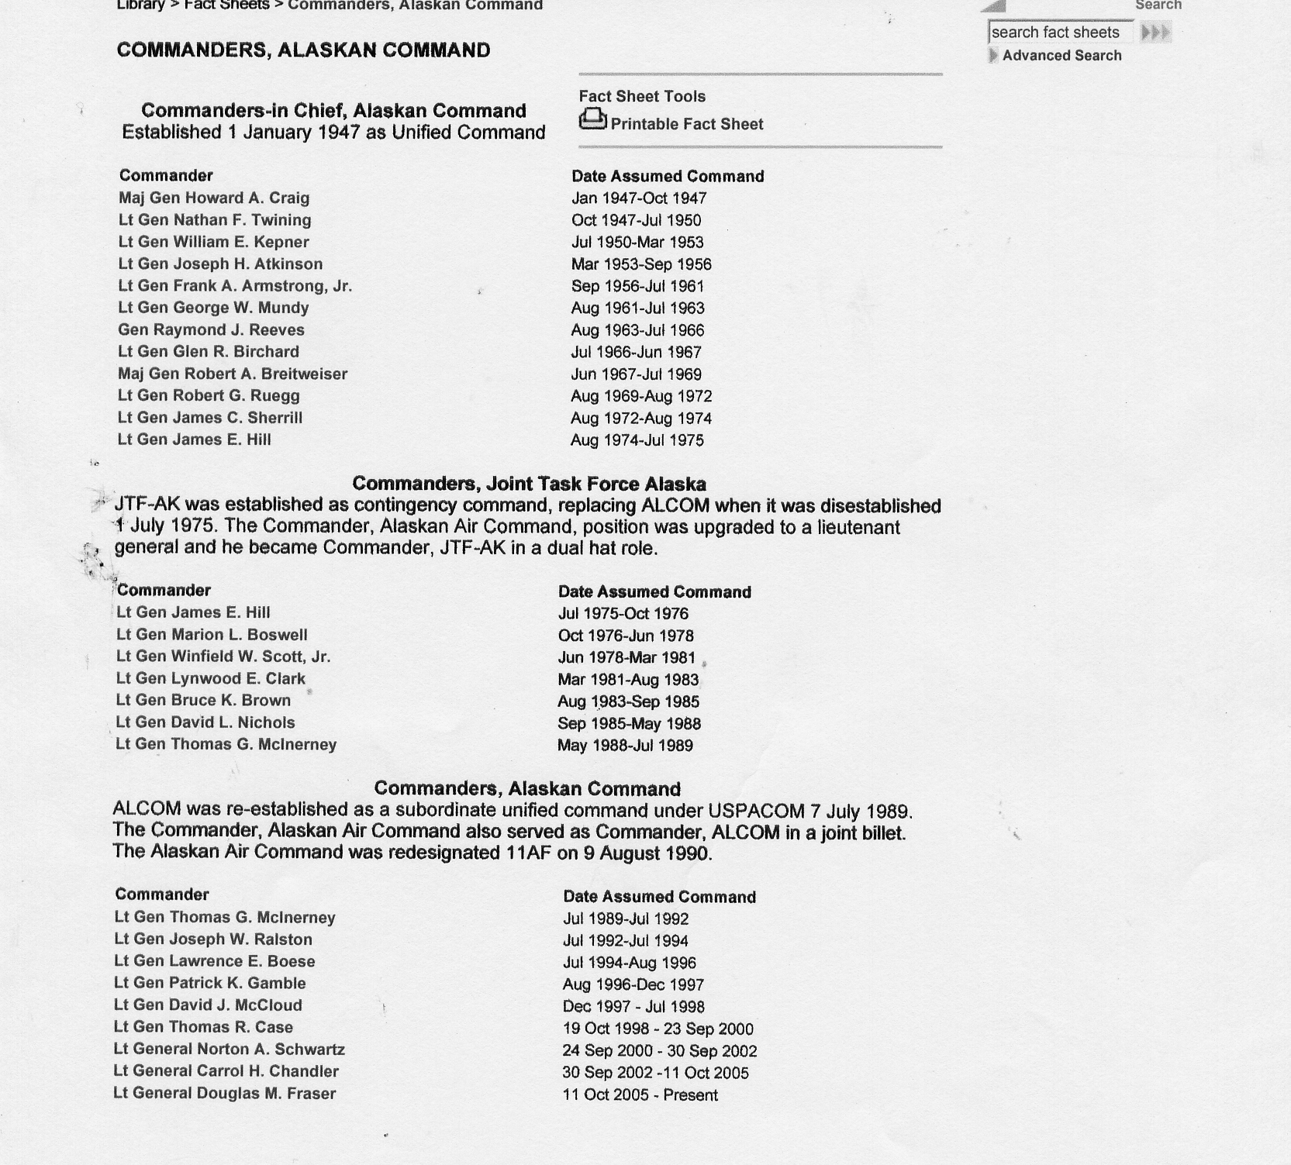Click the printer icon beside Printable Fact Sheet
click(592, 119)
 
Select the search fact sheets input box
click(1059, 33)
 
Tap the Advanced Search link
click(1061, 56)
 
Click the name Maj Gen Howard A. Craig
click(214, 198)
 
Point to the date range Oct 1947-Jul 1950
click(636, 221)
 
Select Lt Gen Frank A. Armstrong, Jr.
click(235, 286)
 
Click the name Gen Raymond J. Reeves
click(211, 330)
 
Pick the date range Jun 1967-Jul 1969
click(636, 374)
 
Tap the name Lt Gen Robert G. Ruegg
click(209, 396)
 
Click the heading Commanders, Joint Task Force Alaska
click(529, 484)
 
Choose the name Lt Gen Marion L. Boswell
click(212, 635)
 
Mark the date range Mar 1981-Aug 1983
click(628, 680)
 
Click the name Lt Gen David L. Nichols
click(205, 722)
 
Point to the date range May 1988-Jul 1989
click(625, 746)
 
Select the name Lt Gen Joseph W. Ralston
click(213, 939)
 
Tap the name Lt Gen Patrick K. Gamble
click(210, 984)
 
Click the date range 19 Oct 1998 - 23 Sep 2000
click(658, 1029)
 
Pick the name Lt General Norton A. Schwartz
click(230, 1050)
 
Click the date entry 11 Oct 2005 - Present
click(640, 1095)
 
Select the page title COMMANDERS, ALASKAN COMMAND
click(303, 50)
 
